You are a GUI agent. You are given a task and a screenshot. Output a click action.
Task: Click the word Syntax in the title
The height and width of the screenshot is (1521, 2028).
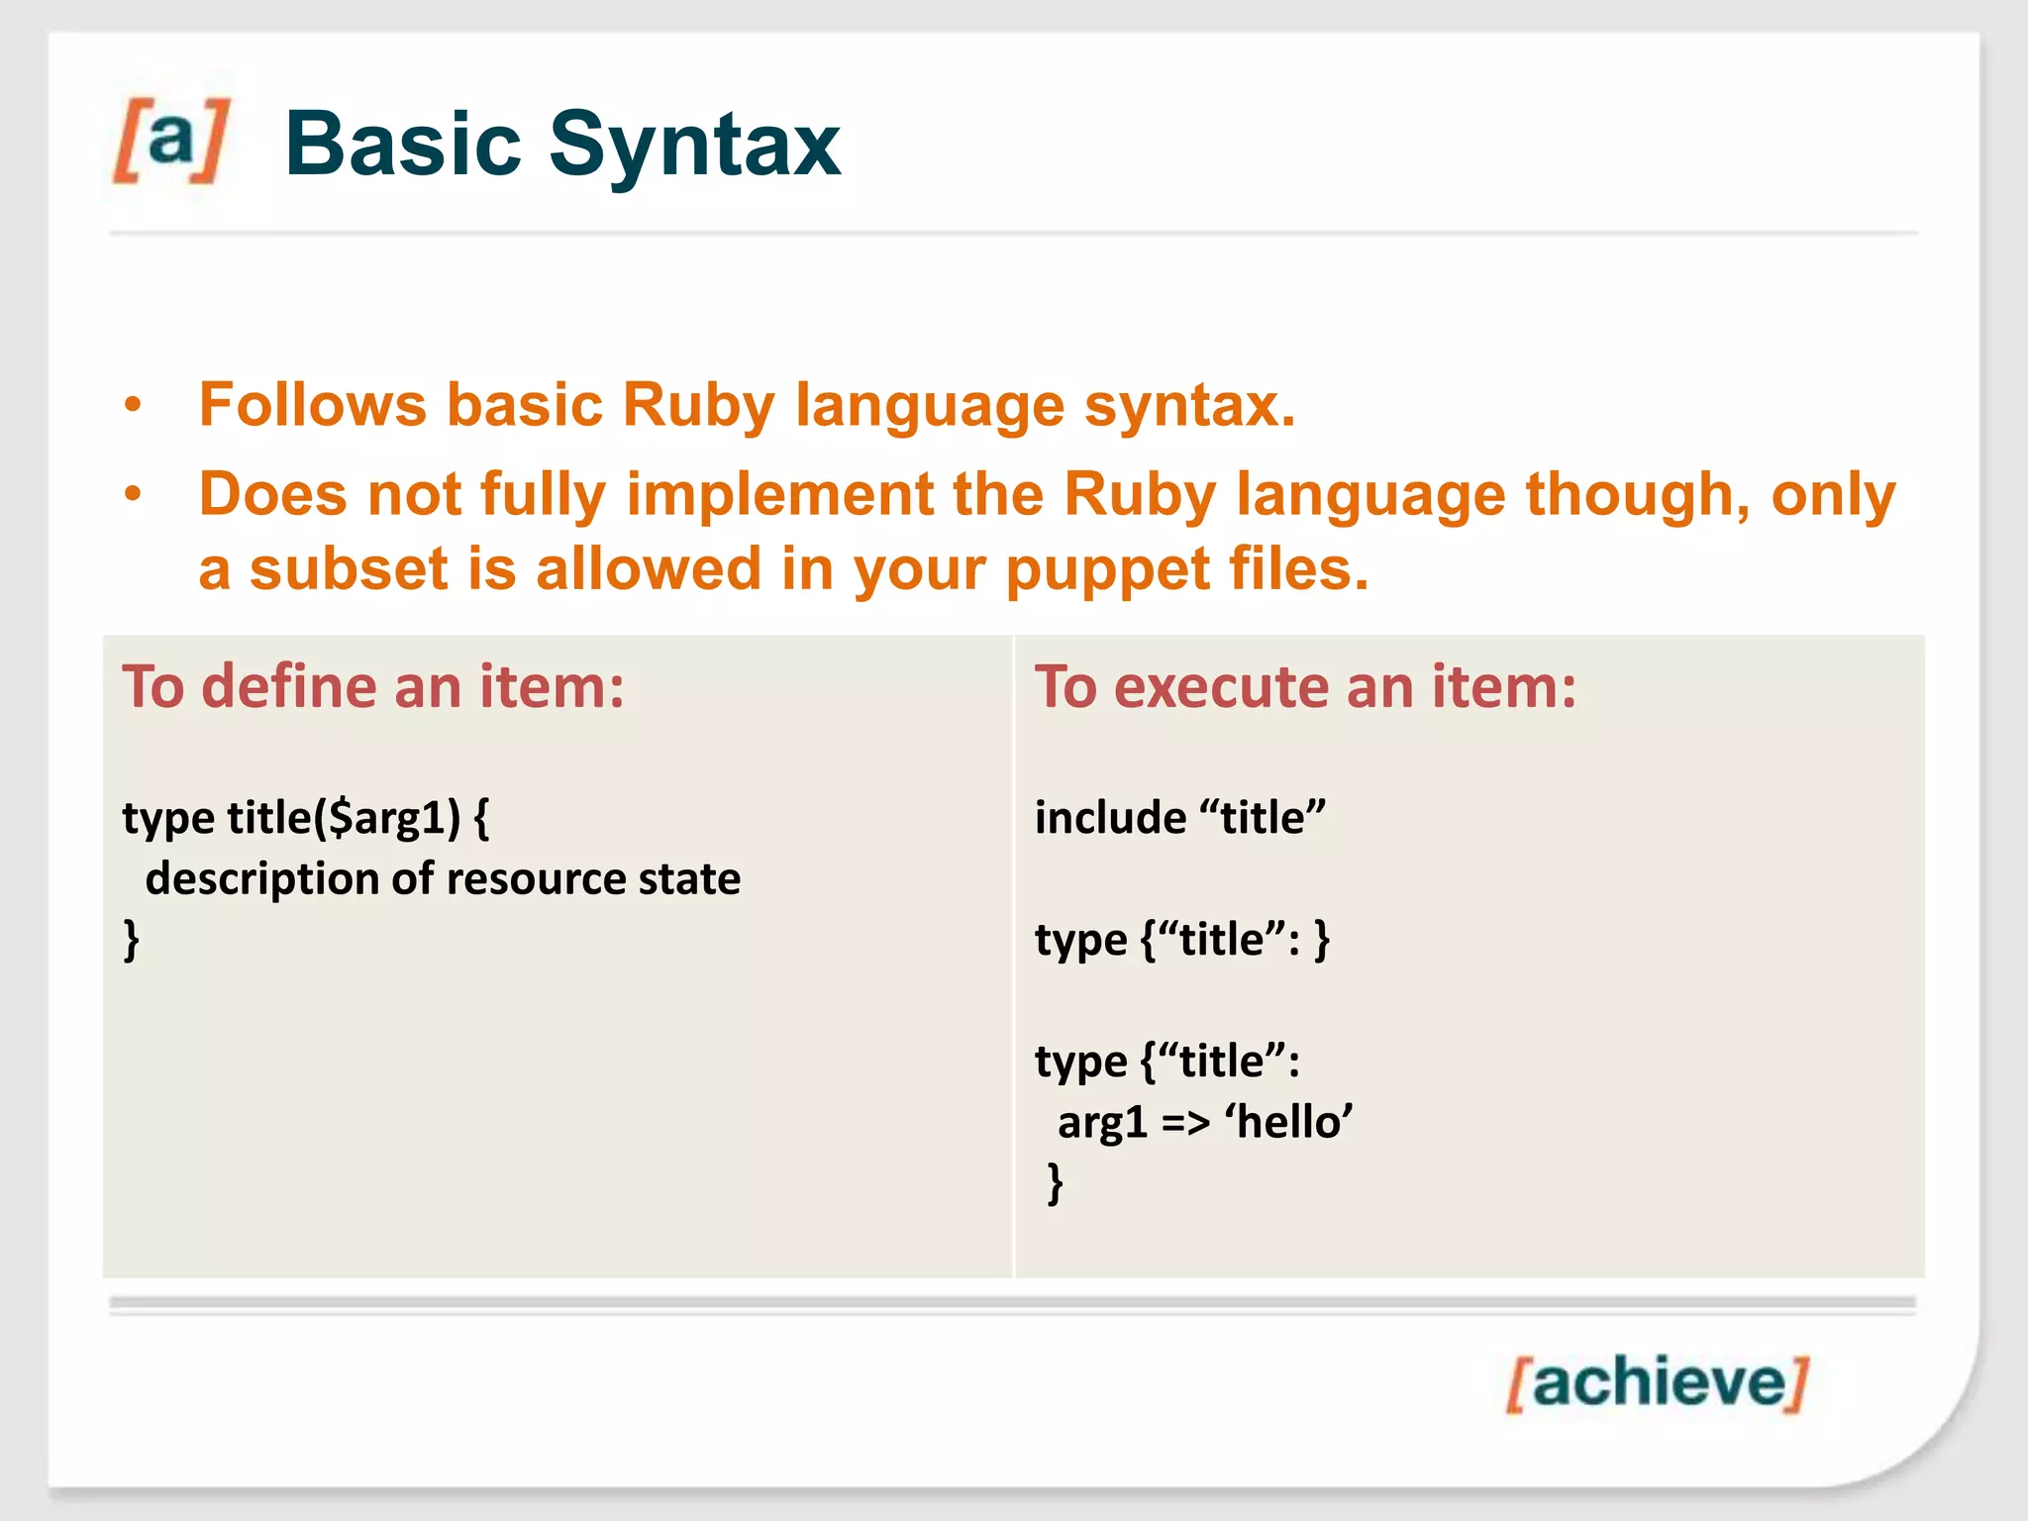pyautogui.click(x=694, y=145)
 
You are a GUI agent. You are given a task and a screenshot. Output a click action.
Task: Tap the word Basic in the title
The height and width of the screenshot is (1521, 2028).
pyautogui.click(x=402, y=145)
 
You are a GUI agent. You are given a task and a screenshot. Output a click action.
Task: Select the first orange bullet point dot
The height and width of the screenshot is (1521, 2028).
pyautogui.click(x=133, y=406)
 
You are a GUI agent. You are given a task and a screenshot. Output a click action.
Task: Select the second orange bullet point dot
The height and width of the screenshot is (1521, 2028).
pyautogui.click(x=133, y=495)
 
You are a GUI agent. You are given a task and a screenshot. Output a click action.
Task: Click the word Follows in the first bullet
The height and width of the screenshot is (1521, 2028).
pyautogui.click(x=312, y=406)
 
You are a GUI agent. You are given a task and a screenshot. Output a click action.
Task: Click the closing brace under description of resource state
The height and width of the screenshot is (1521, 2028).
pyautogui.click(x=131, y=940)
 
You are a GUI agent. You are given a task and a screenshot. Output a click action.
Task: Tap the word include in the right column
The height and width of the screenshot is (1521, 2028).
pyautogui.click(x=1110, y=818)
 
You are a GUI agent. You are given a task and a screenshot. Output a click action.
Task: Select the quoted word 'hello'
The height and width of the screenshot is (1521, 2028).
pyautogui.click(x=1288, y=1123)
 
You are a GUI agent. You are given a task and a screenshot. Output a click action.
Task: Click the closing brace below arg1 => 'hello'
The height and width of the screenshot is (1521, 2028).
pyautogui.click(x=1056, y=1183)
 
